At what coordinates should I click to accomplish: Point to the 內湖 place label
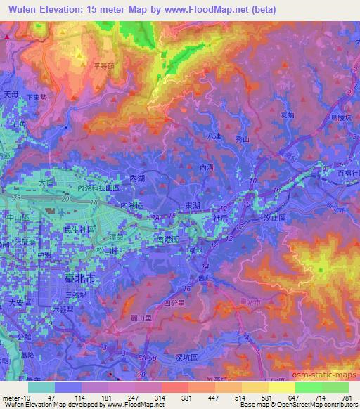pos(138,181)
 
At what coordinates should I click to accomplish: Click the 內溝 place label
pos(207,167)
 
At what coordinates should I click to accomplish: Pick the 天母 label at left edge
pos(10,93)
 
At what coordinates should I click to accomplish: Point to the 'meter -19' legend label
pos(14,397)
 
